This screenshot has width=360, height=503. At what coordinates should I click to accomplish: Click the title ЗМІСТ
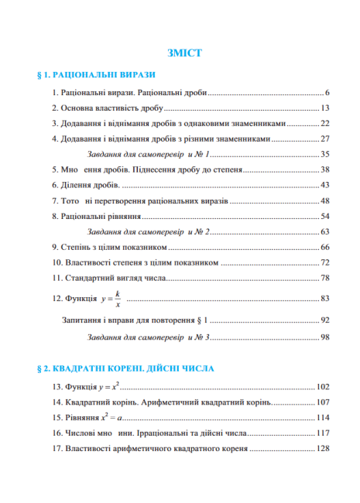coord(184,53)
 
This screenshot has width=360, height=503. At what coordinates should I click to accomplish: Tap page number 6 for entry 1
coord(328,92)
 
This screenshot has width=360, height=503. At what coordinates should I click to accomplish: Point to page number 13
coord(325,108)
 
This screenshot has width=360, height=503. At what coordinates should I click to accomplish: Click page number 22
coord(325,123)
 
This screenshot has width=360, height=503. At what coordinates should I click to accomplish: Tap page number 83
coord(325,298)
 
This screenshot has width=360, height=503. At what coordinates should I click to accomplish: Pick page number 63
coord(325,231)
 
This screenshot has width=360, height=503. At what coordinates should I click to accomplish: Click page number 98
coord(325,337)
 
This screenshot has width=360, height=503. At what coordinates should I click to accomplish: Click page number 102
coord(323,386)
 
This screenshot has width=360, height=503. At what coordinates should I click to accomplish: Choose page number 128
coord(323,448)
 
